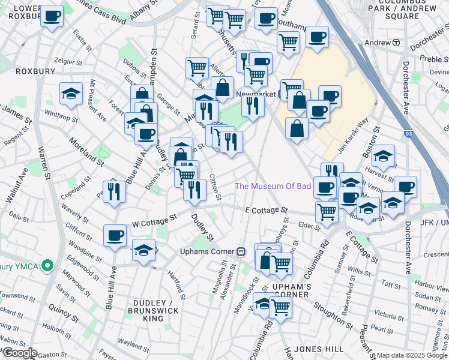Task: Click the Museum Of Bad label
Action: point(273,186)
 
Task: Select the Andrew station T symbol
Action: point(396,43)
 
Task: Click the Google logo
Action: point(20,353)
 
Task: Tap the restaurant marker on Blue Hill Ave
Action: point(112,191)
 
